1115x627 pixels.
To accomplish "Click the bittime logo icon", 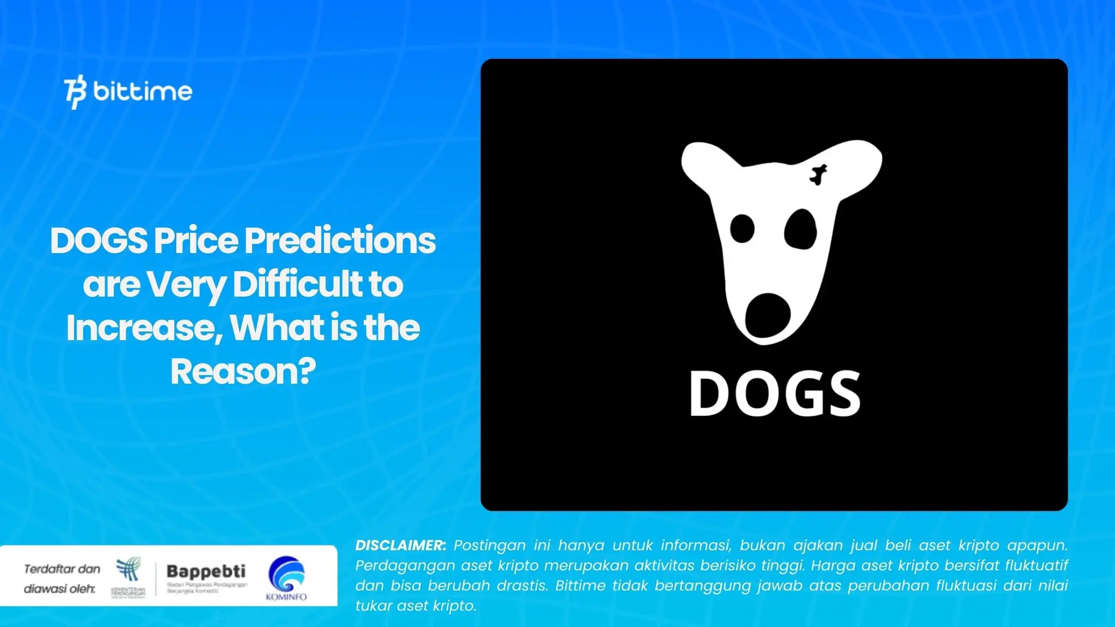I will click(x=75, y=92).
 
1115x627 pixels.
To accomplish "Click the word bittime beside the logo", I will click(x=143, y=91).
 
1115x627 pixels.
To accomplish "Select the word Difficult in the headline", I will click(x=298, y=284).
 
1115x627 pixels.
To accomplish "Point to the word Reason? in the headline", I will click(x=243, y=372).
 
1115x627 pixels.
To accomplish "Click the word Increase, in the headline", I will click(x=144, y=328).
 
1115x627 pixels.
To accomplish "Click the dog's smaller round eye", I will click(x=742, y=228).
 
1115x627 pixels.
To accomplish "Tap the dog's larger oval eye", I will click(x=800, y=230).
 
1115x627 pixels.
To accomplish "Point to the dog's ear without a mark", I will click(x=705, y=164).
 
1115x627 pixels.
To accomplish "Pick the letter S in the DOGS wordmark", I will click(x=841, y=394).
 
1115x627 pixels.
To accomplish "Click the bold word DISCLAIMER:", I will click(x=400, y=545).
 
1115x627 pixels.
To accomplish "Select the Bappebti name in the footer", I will click(x=206, y=571).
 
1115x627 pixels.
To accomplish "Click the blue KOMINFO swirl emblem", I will click(x=286, y=574).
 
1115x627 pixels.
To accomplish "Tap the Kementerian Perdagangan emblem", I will click(x=128, y=570).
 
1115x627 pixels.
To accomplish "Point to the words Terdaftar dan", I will click(x=62, y=569).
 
